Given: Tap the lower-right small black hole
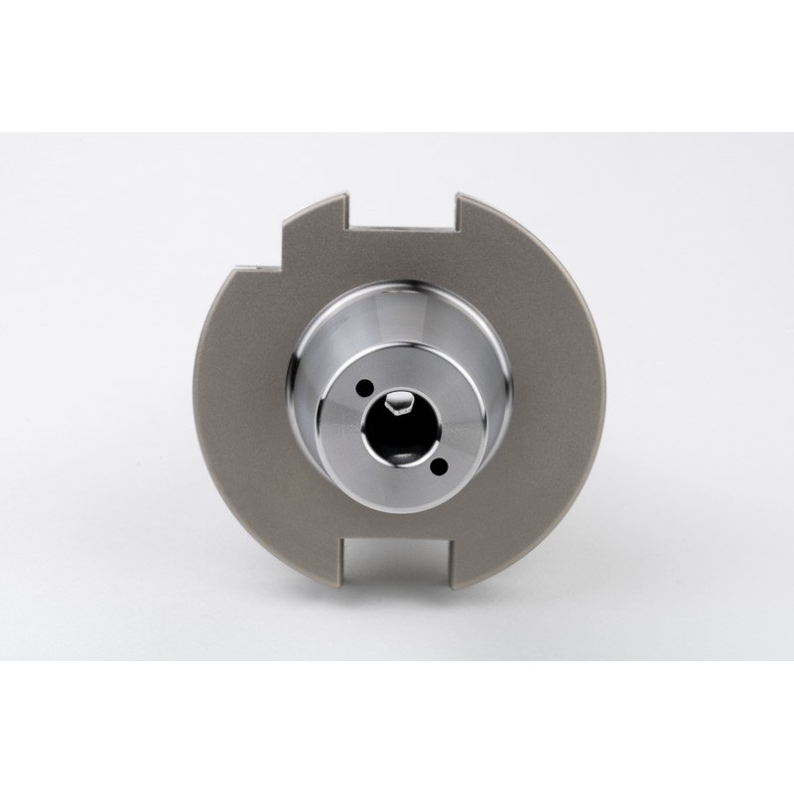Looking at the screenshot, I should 440,464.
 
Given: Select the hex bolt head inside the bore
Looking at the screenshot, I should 398,403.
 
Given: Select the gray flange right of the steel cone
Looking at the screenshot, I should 556,417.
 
